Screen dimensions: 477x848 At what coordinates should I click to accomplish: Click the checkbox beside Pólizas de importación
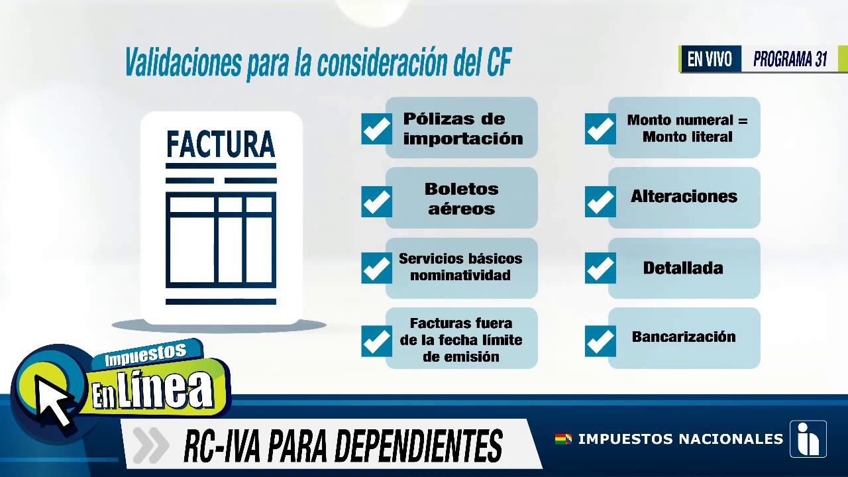click(x=376, y=129)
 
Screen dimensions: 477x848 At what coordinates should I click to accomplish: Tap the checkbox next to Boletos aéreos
click(x=376, y=201)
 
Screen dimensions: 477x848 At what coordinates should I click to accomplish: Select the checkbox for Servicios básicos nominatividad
click(x=376, y=268)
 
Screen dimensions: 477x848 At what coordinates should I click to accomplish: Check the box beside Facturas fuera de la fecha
click(x=376, y=341)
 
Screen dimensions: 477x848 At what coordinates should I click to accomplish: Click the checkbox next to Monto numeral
click(x=600, y=129)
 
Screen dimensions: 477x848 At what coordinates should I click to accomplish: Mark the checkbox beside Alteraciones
click(x=600, y=201)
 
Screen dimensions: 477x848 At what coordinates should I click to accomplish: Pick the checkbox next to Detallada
click(x=600, y=268)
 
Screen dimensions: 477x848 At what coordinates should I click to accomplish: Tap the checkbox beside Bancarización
click(x=600, y=341)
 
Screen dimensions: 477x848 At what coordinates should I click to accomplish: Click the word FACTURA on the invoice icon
click(x=221, y=144)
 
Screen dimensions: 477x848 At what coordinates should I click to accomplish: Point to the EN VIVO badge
click(x=710, y=60)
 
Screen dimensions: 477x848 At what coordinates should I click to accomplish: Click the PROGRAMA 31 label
click(x=790, y=60)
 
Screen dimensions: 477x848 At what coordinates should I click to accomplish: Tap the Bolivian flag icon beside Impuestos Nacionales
click(x=563, y=439)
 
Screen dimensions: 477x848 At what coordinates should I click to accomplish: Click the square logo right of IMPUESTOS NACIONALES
click(x=808, y=439)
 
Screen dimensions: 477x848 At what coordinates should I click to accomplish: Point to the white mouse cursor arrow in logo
click(x=53, y=399)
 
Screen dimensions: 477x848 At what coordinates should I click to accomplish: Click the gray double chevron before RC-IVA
click(x=150, y=445)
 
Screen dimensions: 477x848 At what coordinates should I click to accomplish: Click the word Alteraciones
click(x=684, y=197)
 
